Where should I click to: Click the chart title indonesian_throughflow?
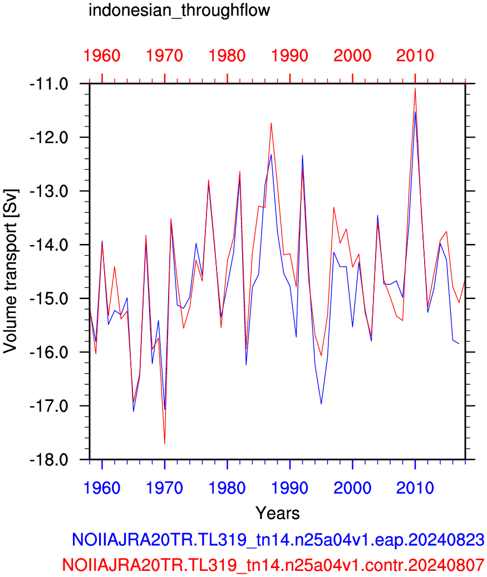pos(179,10)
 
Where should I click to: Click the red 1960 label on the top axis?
pos(102,56)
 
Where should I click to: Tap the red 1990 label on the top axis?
pos(290,56)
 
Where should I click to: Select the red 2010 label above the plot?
pos(415,56)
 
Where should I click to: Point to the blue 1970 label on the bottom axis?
pos(164,488)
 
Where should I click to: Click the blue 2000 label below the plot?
pos(352,488)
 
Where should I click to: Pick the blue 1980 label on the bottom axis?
pos(227,488)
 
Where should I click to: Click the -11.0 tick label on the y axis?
pos(50,84)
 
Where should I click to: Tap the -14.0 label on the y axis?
pos(50,245)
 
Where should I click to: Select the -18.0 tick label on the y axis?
pos(50,460)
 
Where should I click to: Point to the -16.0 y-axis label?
pos(50,353)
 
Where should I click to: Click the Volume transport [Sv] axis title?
pos(11,272)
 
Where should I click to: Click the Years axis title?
pos(278,513)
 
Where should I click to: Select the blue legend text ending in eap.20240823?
pos(278,540)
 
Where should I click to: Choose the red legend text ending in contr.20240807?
pos(273,564)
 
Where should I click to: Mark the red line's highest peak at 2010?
pos(415,89)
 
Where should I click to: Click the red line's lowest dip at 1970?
pos(165,444)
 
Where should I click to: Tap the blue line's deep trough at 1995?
pos(322,404)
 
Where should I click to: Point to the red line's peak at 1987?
pos(271,123)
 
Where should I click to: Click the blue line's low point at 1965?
pos(134,412)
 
